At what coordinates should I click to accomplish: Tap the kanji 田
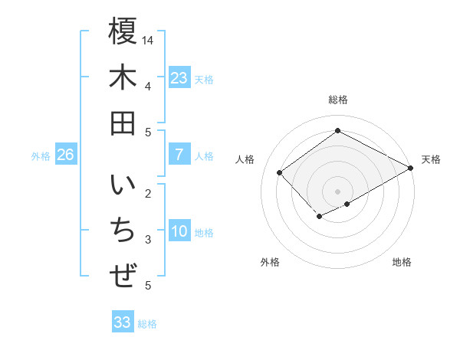tap(123, 123)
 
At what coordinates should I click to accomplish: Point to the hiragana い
tap(123, 188)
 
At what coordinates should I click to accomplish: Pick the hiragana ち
tap(123, 232)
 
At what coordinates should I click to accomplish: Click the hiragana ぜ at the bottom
tap(123, 276)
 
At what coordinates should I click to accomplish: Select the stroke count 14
tap(149, 40)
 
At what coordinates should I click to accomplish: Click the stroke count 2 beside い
tap(148, 193)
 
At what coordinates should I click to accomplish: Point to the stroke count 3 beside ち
tap(148, 240)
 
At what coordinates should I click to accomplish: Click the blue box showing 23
tap(179, 77)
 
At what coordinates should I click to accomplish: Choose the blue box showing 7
tap(179, 155)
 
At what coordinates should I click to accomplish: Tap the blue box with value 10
tap(179, 232)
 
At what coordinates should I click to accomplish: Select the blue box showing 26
tap(65, 155)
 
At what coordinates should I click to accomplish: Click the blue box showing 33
tap(123, 322)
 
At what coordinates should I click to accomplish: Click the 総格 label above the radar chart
tap(337, 100)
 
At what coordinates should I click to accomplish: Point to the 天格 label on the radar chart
tap(432, 159)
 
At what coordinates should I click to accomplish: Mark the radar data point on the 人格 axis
tap(280, 172)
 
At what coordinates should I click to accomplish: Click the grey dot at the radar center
tap(337, 191)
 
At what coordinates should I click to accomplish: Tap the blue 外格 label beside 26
tap(41, 156)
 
